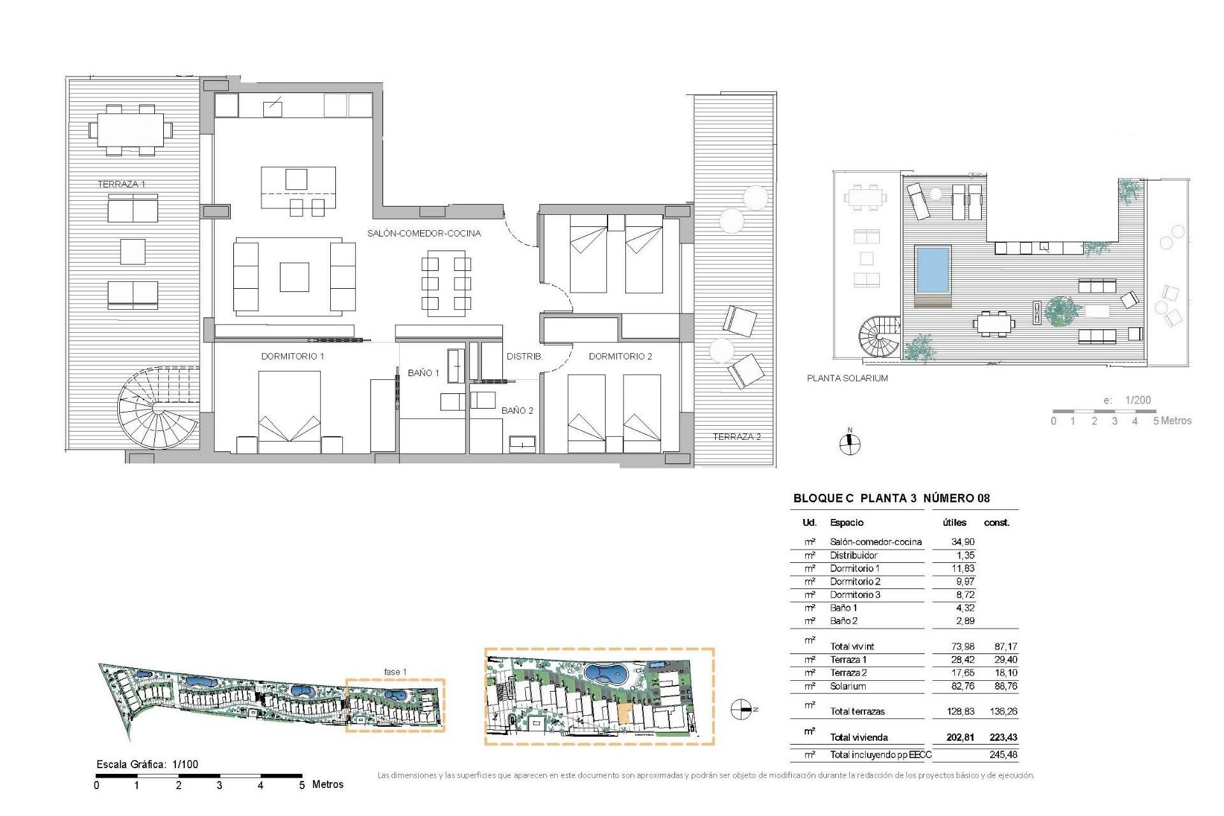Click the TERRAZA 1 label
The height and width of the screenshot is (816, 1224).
pyautogui.click(x=121, y=184)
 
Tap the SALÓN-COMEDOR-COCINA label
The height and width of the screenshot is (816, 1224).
pyautogui.click(x=424, y=233)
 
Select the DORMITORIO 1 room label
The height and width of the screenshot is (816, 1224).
pyautogui.click(x=293, y=356)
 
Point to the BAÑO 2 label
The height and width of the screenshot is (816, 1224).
pyautogui.click(x=517, y=411)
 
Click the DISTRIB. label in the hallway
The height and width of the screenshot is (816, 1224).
pyautogui.click(x=525, y=356)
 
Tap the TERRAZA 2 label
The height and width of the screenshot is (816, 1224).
pyautogui.click(x=736, y=437)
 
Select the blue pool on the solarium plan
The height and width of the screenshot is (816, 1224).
pyautogui.click(x=933, y=268)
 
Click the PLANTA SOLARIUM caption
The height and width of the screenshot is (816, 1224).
pyautogui.click(x=847, y=378)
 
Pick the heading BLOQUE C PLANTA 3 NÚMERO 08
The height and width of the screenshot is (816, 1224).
pyautogui.click(x=891, y=499)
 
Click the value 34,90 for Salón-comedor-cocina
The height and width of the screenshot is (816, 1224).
pyautogui.click(x=963, y=542)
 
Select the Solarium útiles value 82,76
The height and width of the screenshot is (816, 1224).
pyautogui.click(x=963, y=687)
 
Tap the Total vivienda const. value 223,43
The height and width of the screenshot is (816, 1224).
pyautogui.click(x=1003, y=738)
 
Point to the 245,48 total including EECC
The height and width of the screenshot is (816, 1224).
pyautogui.click(x=1003, y=755)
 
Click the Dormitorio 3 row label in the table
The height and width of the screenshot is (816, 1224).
pyautogui.click(x=855, y=595)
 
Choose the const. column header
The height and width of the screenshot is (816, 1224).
pyautogui.click(x=996, y=523)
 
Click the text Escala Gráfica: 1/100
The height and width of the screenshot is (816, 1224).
pyautogui.click(x=147, y=764)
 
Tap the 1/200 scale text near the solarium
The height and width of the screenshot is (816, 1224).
pyautogui.click(x=1138, y=400)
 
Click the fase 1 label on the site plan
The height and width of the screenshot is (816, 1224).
pyautogui.click(x=395, y=672)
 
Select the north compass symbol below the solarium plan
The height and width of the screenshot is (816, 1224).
pyautogui.click(x=849, y=443)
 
